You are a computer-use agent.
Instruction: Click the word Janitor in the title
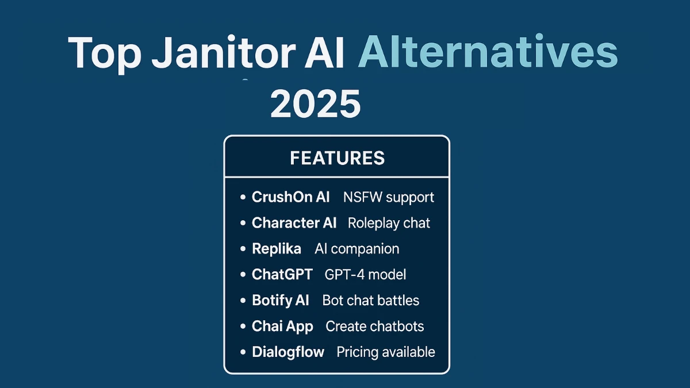pyautogui.click(x=223, y=52)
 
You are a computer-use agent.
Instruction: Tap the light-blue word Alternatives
pyautogui.click(x=488, y=51)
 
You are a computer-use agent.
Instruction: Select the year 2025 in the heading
pyautogui.click(x=315, y=103)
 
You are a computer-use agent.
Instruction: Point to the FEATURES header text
pyautogui.click(x=338, y=158)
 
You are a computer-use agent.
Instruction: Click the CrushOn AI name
pyautogui.click(x=290, y=197)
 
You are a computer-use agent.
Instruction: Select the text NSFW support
pyautogui.click(x=389, y=198)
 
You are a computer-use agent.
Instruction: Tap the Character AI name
pyautogui.click(x=294, y=223)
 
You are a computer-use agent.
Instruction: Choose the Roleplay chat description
pyautogui.click(x=389, y=223)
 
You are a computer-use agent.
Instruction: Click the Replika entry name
pyautogui.click(x=277, y=249)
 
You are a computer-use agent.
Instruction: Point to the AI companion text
pyautogui.click(x=356, y=249)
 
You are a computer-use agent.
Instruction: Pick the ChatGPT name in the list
pyautogui.click(x=282, y=274)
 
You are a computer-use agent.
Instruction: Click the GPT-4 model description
pyautogui.click(x=365, y=275)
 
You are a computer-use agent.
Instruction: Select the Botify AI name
pyautogui.click(x=281, y=301)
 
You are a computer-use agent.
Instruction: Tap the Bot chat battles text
pyautogui.click(x=370, y=301)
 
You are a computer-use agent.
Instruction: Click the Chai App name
pyautogui.click(x=282, y=326)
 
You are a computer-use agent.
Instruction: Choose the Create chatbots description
pyautogui.click(x=374, y=326)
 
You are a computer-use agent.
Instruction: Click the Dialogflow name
pyautogui.click(x=288, y=352)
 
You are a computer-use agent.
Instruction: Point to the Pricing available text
pyautogui.click(x=386, y=352)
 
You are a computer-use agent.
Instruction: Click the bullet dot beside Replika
pyautogui.click(x=243, y=249)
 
